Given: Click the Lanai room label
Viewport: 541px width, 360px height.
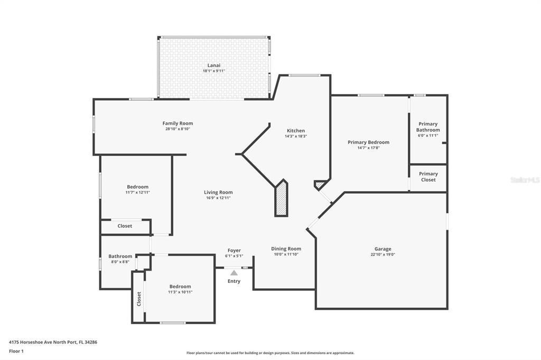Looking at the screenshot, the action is (x=213, y=65).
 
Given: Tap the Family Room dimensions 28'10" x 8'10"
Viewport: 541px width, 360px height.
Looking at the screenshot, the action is (x=178, y=129).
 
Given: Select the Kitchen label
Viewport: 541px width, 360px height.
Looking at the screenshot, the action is (x=296, y=131).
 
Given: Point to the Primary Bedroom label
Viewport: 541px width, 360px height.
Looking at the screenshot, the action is (x=368, y=142).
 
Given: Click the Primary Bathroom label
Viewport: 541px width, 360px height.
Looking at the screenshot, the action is (x=428, y=127).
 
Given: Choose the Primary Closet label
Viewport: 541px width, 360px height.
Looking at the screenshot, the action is (x=428, y=176).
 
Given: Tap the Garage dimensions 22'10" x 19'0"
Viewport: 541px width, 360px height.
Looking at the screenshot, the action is (x=383, y=254).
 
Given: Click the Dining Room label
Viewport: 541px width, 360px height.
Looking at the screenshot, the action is (x=286, y=249).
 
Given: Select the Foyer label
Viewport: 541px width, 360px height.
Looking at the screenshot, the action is (x=234, y=250).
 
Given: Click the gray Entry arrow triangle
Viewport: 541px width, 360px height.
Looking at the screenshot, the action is (x=234, y=273).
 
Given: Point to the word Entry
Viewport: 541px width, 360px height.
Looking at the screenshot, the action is (x=234, y=281).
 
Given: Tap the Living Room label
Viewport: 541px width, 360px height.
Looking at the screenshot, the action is (x=218, y=193).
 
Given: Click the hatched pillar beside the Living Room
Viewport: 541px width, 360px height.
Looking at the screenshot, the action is (x=281, y=198).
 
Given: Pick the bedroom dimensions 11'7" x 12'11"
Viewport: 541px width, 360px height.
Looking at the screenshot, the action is (x=138, y=193).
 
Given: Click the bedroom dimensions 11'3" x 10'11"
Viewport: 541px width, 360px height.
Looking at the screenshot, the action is (x=180, y=292).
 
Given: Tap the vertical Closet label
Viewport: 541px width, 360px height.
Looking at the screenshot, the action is (x=139, y=299).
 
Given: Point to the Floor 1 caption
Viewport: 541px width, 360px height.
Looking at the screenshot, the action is (x=16, y=352).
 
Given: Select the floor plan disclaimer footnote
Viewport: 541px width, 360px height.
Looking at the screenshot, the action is (x=270, y=353).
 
